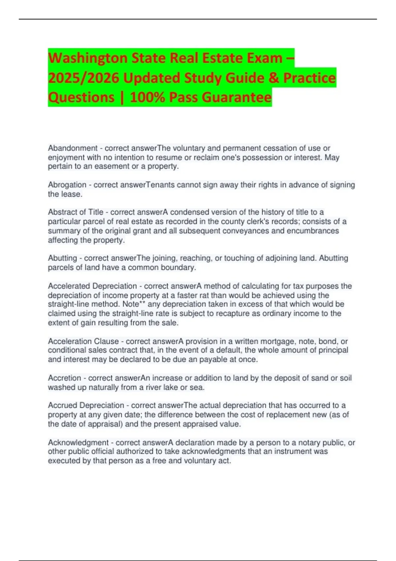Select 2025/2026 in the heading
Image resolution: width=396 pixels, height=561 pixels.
[83, 78]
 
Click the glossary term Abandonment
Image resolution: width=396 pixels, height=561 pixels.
[73, 148]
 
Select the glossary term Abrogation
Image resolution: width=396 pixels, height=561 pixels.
[67, 185]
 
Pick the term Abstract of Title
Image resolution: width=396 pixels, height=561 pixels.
[76, 212]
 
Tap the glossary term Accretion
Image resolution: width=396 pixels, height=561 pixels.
[64, 378]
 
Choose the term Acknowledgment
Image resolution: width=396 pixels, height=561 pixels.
[78, 443]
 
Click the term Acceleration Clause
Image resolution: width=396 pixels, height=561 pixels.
[83, 341]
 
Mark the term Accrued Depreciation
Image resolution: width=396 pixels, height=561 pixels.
[86, 405]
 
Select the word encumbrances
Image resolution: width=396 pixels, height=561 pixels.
[313, 231]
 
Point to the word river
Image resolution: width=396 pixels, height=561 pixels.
[154, 387]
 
